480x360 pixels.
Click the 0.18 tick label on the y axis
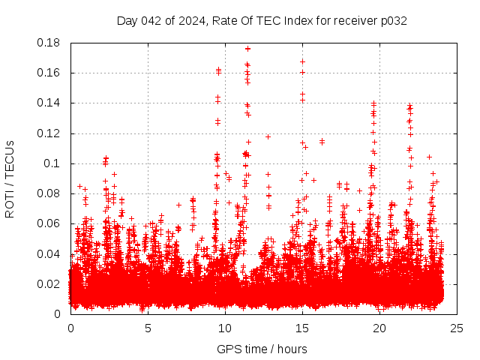pyautogui.click(x=51, y=43)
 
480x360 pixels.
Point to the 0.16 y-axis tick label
pyautogui.click(x=51, y=73)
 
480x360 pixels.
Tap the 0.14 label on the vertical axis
pyautogui.click(x=51, y=103)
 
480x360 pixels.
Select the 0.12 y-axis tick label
pyautogui.click(x=51, y=133)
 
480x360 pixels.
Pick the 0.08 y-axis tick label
pyautogui.click(x=51, y=193)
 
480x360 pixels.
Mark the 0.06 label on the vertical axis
pyautogui.click(x=51, y=223)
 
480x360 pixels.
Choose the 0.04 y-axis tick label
pyautogui.click(x=51, y=253)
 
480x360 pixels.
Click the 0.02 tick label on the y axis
pyautogui.click(x=51, y=283)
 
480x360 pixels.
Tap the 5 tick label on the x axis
pyautogui.click(x=148, y=328)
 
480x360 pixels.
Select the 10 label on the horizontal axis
pyautogui.click(x=225, y=328)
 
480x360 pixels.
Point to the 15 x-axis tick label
pyautogui.click(x=302, y=328)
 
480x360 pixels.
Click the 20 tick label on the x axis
pyautogui.click(x=380, y=328)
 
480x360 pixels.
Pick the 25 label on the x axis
pyautogui.click(x=457, y=328)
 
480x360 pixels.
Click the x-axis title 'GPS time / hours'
pyautogui.click(x=262, y=349)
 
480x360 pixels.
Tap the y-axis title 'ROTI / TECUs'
pyautogui.click(x=10, y=178)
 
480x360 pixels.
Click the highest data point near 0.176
pyautogui.click(x=247, y=49)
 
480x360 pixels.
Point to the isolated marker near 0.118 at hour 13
pyautogui.click(x=268, y=136)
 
